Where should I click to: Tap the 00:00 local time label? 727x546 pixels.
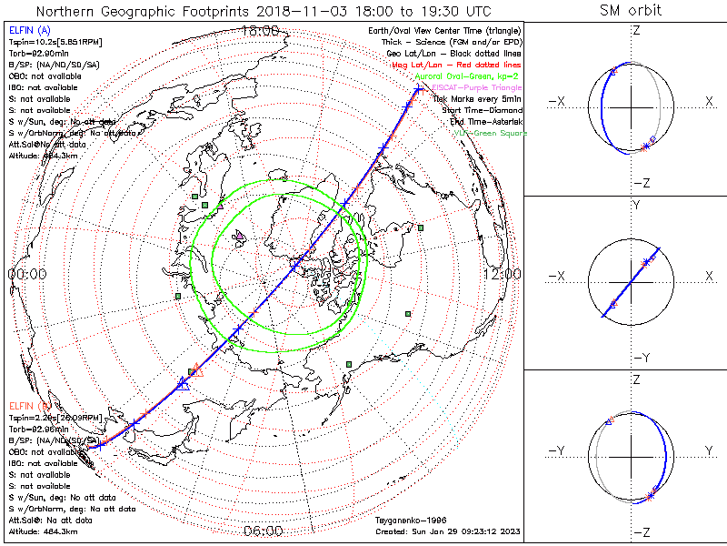coord(26,274)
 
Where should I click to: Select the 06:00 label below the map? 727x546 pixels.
coord(264,531)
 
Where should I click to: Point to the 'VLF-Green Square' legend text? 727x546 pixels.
coord(490,134)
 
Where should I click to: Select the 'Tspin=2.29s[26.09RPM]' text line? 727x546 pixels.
coord(45,416)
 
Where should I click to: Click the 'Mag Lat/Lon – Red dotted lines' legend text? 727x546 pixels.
coord(465,66)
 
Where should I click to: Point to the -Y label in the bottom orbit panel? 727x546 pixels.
coord(557,451)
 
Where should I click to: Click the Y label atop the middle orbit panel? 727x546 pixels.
coord(635,206)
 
